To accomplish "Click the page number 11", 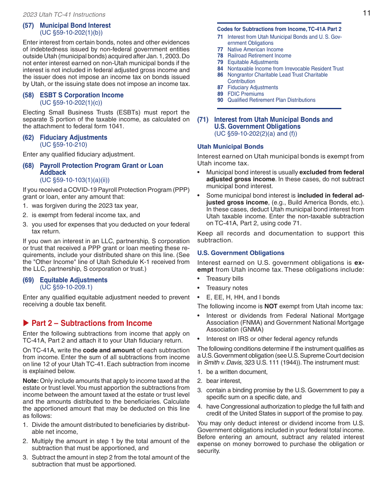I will [367, 13].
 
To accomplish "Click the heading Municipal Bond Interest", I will [75, 25].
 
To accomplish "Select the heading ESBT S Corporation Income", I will [81, 95].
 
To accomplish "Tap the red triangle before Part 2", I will [26, 323].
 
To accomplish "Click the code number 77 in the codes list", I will [220, 49].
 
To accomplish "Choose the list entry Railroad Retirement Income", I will [259, 56].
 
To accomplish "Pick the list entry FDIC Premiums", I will [245, 94].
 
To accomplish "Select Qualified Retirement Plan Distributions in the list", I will [271, 100].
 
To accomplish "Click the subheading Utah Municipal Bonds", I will [230, 147].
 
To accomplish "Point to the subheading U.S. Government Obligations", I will [240, 253].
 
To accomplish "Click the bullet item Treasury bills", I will [224, 279].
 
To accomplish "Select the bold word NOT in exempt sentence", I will [271, 306].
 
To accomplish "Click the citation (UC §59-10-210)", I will [63, 145].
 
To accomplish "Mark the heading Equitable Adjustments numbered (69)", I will [73, 280].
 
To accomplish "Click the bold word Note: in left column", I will [31, 381].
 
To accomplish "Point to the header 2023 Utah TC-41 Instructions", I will [64, 15].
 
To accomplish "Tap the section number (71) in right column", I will [203, 119].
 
